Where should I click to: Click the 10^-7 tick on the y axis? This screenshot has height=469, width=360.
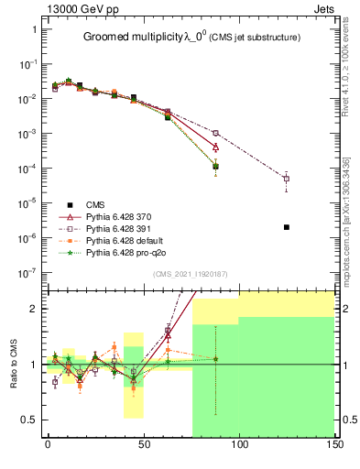[27, 272]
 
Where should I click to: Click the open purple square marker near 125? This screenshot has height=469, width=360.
[287, 179]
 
